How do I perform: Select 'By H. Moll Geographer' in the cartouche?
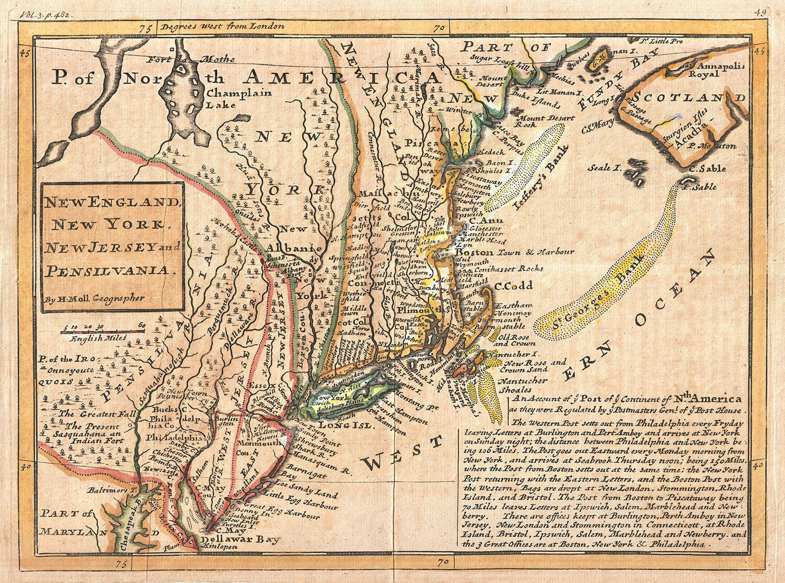[x=94, y=299]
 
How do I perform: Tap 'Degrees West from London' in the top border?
[x=222, y=25]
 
